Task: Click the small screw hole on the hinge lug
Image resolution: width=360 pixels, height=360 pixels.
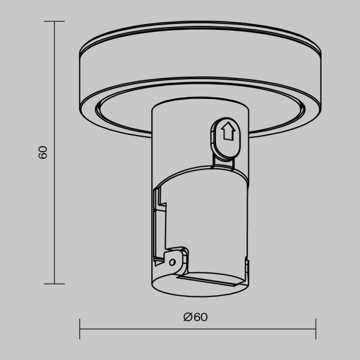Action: tap(172, 262)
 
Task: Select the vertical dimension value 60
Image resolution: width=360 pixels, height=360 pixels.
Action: tap(43, 152)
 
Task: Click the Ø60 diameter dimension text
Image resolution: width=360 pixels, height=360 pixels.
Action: tap(197, 317)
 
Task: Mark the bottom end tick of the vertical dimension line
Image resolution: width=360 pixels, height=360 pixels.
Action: tap(55, 284)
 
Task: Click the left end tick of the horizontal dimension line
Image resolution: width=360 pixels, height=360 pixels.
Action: tap(80, 329)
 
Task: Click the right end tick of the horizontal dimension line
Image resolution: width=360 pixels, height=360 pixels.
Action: tap(316, 329)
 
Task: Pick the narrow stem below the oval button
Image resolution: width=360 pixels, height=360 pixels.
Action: tap(225, 158)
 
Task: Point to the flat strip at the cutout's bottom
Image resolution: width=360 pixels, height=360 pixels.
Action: tap(210, 280)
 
